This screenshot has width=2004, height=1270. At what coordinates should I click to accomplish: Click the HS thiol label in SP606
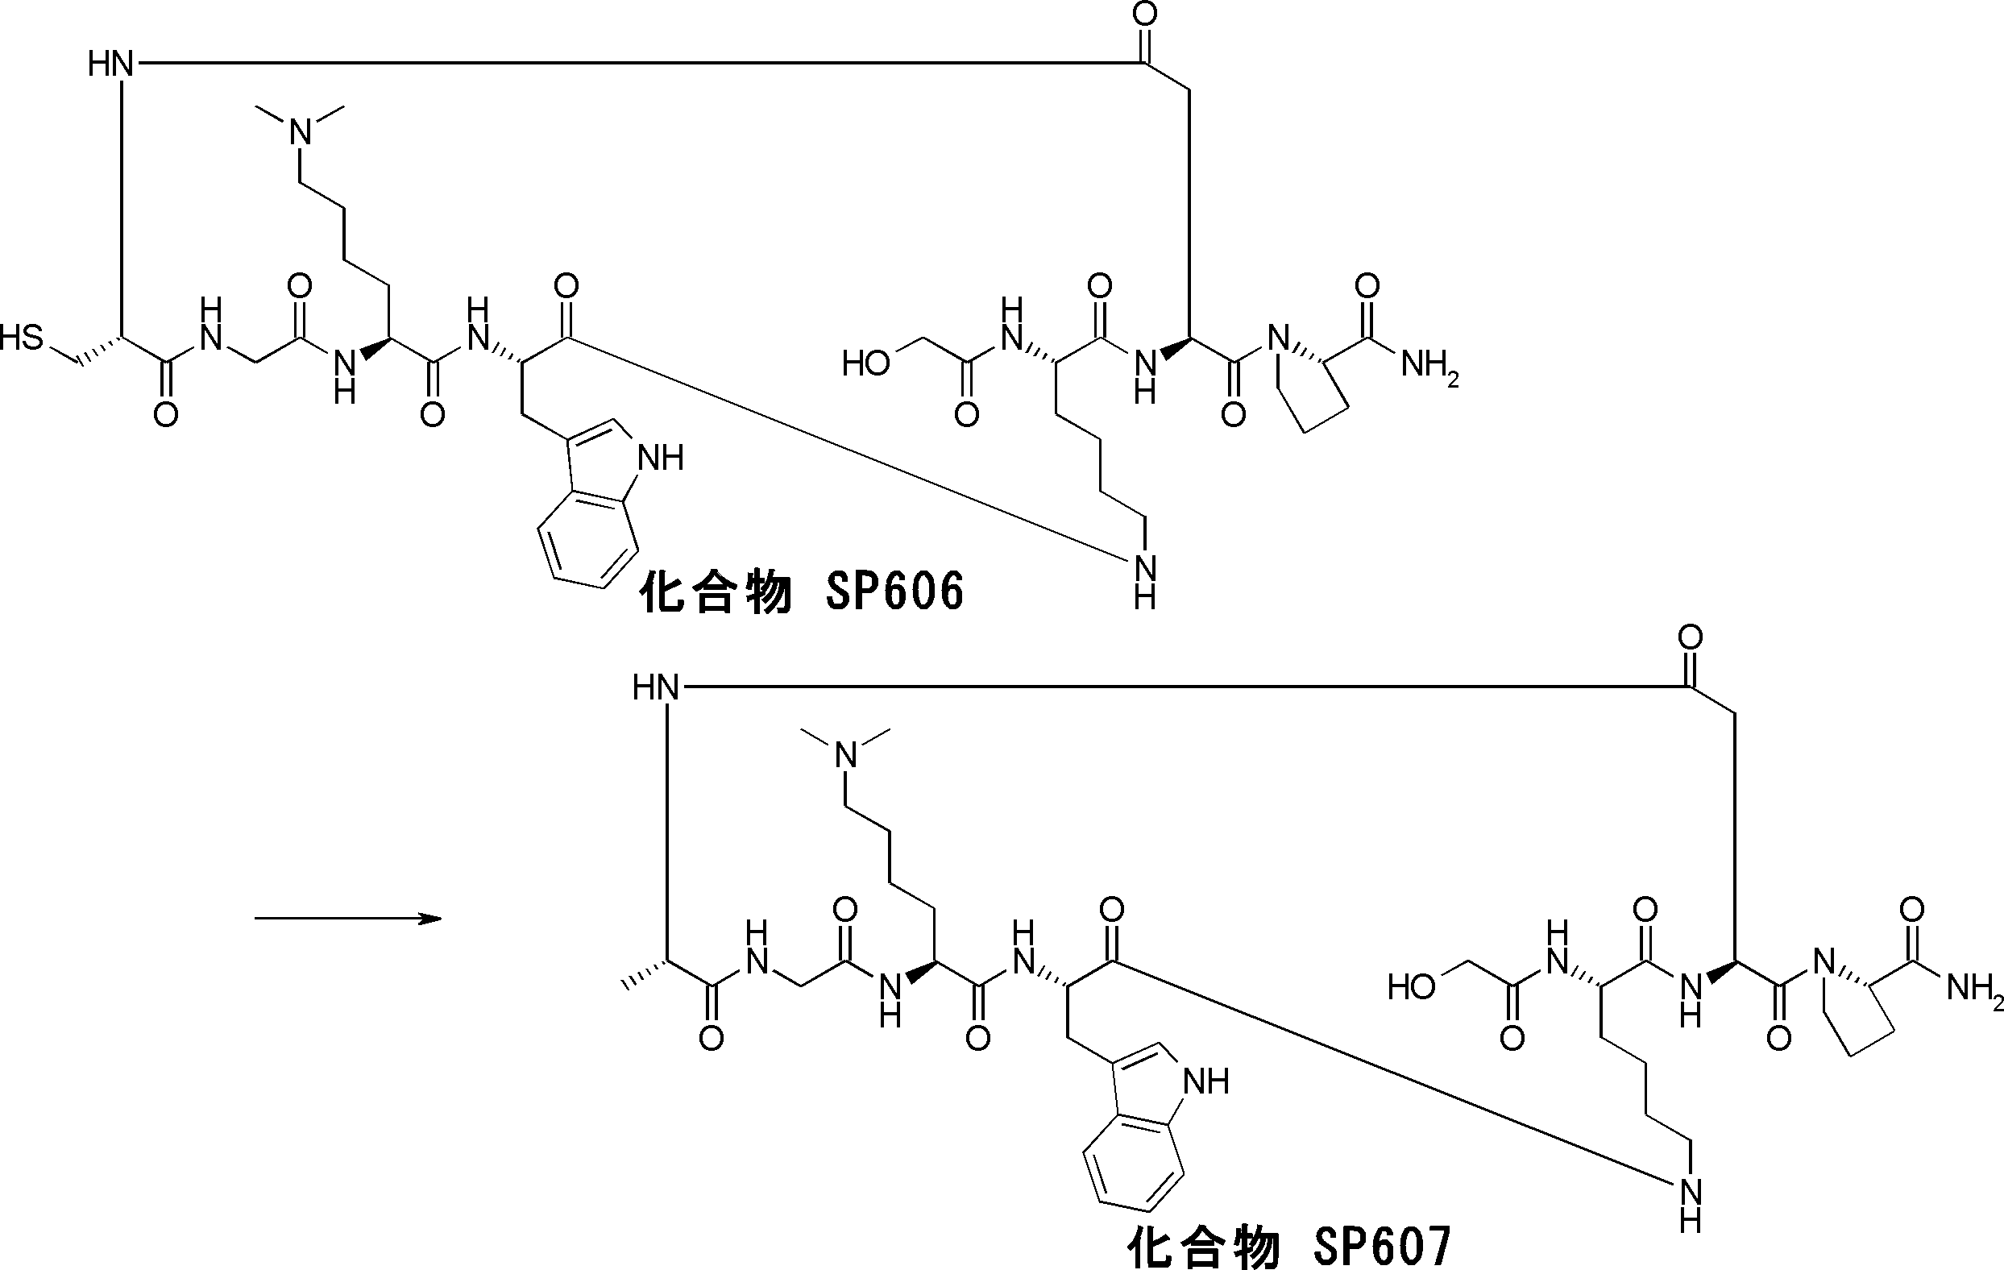22,338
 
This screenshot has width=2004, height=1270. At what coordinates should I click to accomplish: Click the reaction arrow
347,919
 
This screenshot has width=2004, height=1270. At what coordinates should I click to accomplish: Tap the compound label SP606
802,591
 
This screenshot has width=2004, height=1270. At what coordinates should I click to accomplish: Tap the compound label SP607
1289,1245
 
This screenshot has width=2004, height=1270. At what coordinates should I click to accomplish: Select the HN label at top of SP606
110,63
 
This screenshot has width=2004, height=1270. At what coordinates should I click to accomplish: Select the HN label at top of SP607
656,688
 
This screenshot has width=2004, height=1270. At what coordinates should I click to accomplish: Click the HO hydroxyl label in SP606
865,363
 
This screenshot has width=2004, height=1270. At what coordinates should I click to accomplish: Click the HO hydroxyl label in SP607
1412,988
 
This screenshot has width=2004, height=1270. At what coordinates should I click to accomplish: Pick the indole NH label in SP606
660,458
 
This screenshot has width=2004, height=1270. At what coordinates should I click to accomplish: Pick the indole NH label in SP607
1206,1082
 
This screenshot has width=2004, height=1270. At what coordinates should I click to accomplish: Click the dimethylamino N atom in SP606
301,132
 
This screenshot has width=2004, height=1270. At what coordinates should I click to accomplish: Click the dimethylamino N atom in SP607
845,757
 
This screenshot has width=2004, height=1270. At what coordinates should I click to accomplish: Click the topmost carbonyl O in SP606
1146,15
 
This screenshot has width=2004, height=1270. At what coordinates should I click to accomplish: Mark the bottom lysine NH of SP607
1691,1205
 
